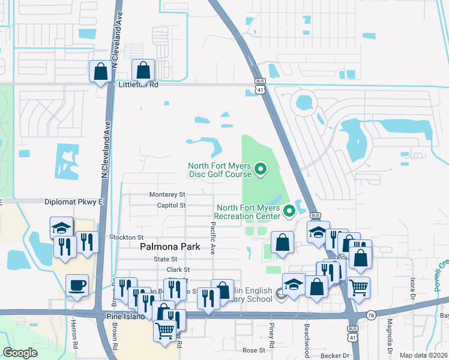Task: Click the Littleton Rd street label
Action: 137,85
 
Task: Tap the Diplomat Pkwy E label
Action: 74,202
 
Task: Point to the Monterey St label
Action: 167,195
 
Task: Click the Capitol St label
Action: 170,205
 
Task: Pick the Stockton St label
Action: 127,238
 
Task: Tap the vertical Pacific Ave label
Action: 212,237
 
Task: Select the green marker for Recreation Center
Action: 289,211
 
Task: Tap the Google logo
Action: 20,352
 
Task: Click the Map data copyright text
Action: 423,355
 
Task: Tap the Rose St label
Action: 253,350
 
